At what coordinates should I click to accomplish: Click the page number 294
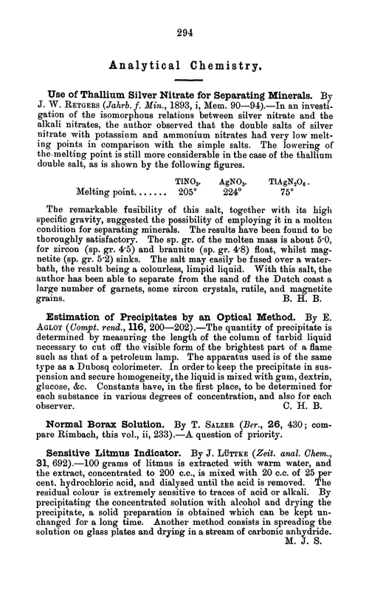coord(184,33)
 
